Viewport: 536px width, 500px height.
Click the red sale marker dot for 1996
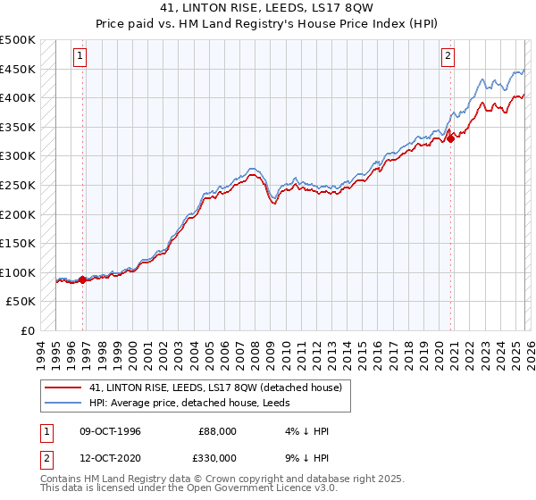click(83, 279)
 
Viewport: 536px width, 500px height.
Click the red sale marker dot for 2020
click(451, 137)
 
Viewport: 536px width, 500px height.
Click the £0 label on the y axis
click(29, 330)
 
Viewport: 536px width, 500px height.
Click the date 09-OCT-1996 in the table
click(110, 431)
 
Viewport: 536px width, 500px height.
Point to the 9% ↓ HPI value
click(306, 457)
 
